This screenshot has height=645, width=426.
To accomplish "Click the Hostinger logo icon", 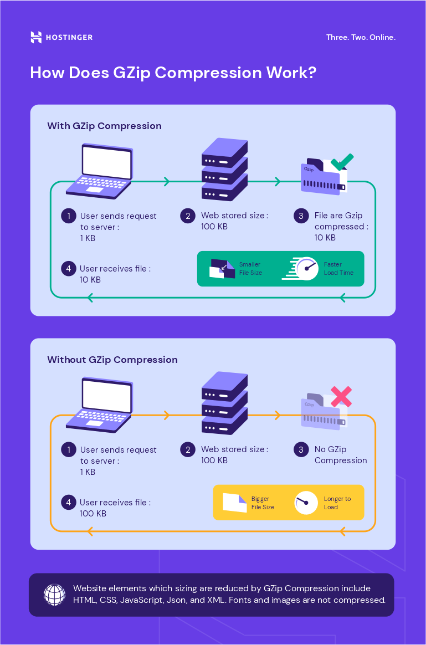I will click(x=36, y=37).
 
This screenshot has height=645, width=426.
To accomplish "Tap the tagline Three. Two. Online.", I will click(x=361, y=38).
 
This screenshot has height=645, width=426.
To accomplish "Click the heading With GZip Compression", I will click(x=104, y=126).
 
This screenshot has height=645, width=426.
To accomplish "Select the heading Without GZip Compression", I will click(x=112, y=360).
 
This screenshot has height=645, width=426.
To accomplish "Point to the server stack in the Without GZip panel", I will click(x=224, y=403).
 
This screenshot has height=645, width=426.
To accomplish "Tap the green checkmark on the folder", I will click(x=342, y=162).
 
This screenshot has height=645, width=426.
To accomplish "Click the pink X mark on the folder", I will click(x=341, y=396).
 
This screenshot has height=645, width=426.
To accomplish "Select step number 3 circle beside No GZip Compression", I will click(x=301, y=449).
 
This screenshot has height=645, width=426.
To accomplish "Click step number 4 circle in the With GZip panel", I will click(x=68, y=269).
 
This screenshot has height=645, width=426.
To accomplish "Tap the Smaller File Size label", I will click(x=250, y=269).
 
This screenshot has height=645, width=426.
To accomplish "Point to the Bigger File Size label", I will click(x=263, y=503).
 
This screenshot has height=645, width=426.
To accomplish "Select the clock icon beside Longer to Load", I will click(x=306, y=503).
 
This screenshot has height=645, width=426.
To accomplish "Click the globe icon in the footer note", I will click(x=54, y=595).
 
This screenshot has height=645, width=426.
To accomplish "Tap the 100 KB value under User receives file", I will click(x=93, y=514).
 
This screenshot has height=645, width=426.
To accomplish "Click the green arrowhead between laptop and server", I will click(x=166, y=182).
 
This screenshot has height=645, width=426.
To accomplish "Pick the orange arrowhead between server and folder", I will click(x=277, y=416).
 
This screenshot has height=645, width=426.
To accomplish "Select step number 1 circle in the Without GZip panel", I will click(x=68, y=449).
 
